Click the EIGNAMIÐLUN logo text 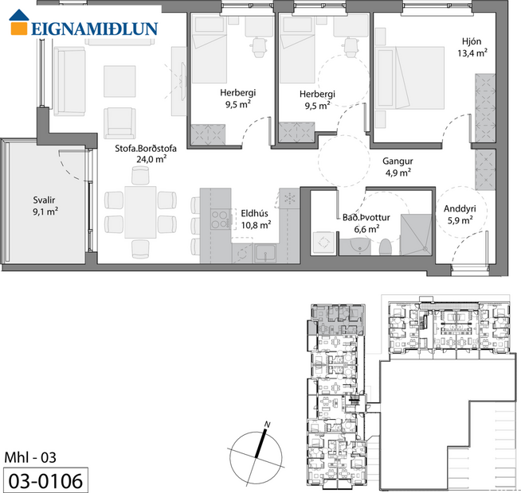tap(94, 29)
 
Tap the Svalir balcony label tap(45, 200)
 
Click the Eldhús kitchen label tap(255, 213)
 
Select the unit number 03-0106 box tap(45, 480)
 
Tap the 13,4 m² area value tap(472, 54)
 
